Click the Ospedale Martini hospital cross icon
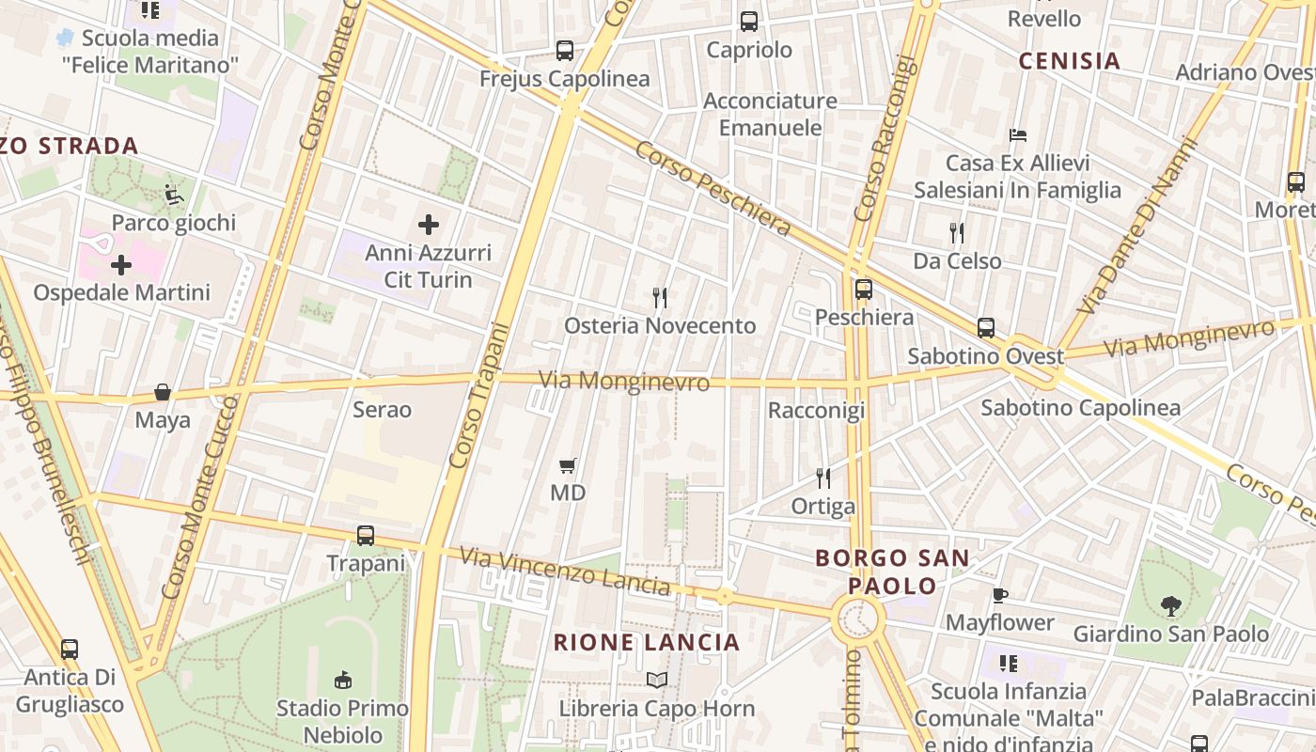tap(121, 265)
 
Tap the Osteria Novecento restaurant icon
tap(660, 298)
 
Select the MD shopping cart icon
tap(567, 465)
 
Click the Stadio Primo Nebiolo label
tap(342, 721)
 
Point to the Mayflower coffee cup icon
tap(1000, 595)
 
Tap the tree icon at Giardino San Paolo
tap(1170, 606)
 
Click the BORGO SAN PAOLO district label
tap(892, 572)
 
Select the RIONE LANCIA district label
tap(647, 643)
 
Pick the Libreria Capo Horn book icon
tap(657, 680)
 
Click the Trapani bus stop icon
tap(366, 536)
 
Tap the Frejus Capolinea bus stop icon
tap(565, 51)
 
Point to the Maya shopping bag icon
tap(163, 392)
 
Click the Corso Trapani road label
tap(479, 395)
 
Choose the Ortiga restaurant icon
tap(823, 478)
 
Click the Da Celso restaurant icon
tap(957, 232)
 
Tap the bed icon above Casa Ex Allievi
tap(1018, 135)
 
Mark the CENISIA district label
tap(1070, 61)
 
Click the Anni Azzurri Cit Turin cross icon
tap(429, 225)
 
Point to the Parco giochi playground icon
tap(174, 195)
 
